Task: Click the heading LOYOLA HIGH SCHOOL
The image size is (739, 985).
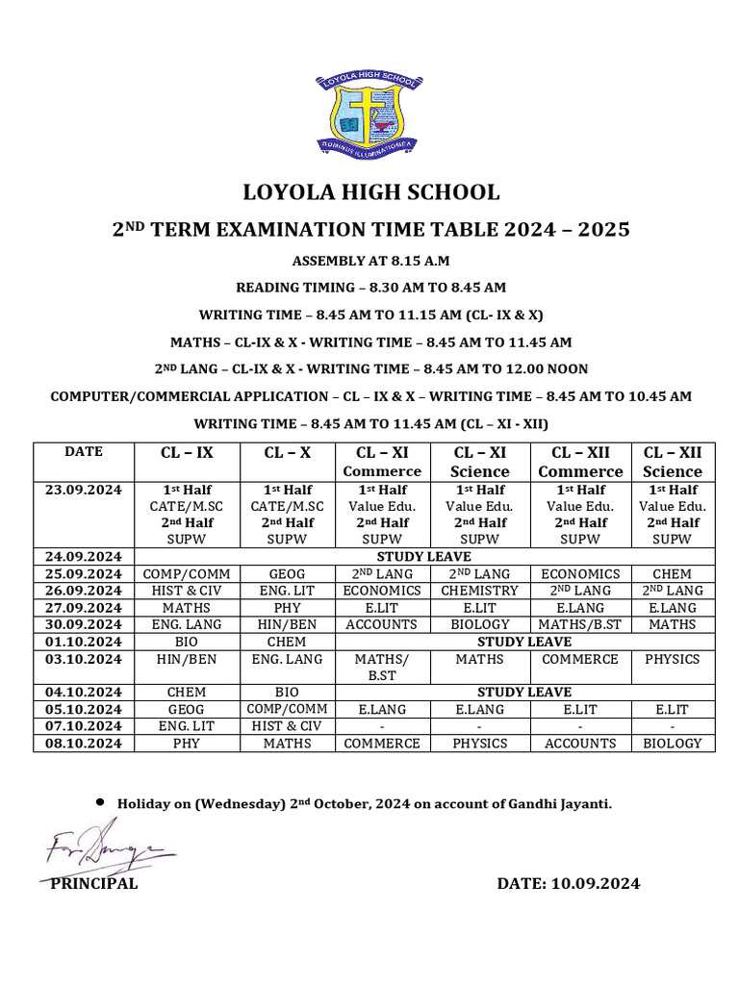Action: [370, 192]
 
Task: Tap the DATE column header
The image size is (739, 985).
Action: [83, 451]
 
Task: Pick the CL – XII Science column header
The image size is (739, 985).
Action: [673, 462]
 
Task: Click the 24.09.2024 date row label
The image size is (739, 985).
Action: [83, 556]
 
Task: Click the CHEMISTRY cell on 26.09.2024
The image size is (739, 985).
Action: [479, 591]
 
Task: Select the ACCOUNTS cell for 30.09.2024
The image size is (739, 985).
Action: [381, 624]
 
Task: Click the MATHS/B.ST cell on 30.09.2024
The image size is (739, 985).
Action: [579, 624]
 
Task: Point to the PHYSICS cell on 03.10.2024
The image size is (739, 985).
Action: [672, 659]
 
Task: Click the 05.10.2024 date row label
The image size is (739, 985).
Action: [83, 710]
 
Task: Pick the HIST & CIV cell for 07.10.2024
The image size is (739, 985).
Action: [287, 726]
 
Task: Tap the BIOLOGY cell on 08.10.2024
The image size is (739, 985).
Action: [672, 744]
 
